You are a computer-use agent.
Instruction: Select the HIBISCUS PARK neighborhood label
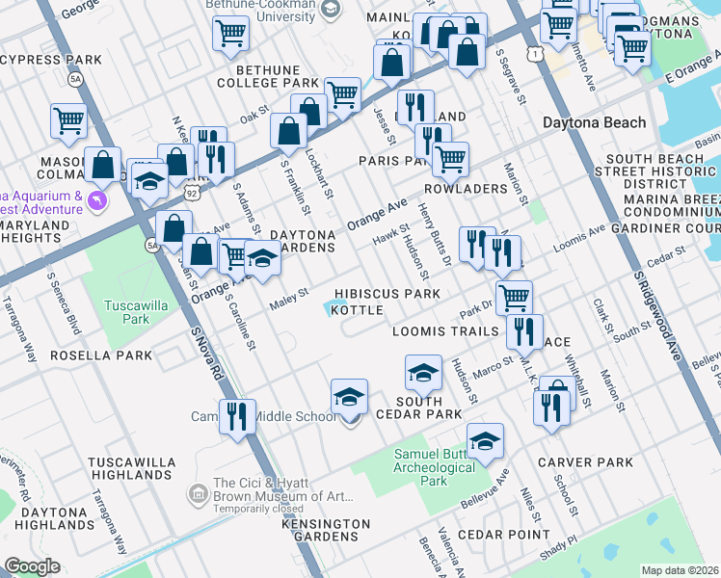coord(387,294)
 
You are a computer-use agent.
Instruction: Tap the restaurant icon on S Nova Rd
coord(236,416)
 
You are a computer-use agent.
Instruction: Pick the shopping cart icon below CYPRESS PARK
coord(69,120)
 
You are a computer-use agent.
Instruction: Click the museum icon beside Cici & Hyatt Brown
coord(199,494)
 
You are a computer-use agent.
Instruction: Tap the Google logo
coord(33,566)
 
